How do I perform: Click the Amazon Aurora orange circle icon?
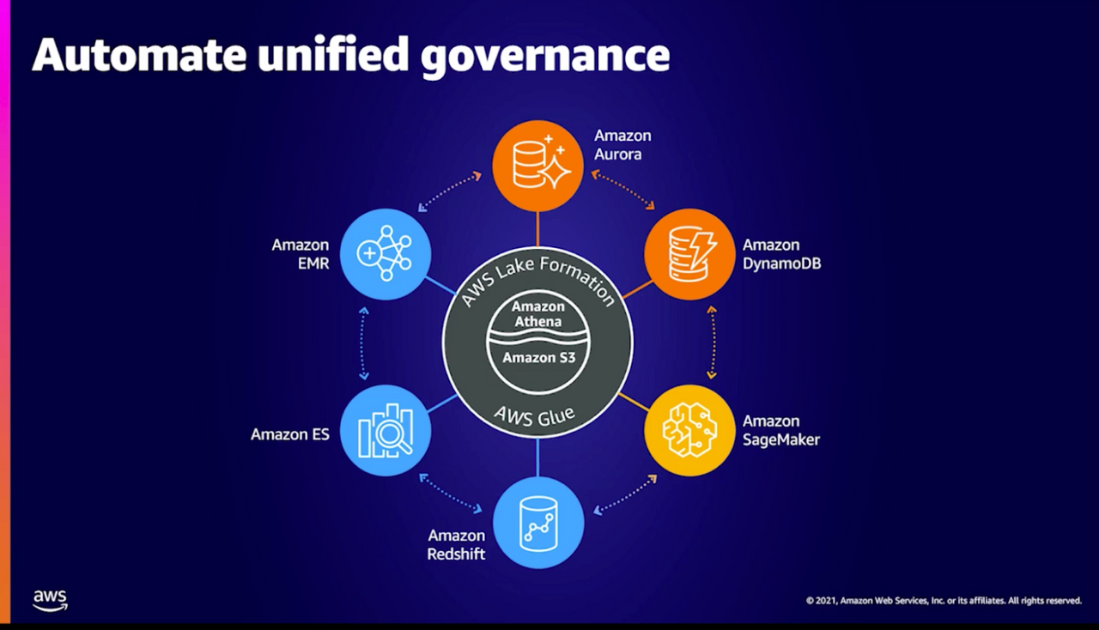[x=537, y=166]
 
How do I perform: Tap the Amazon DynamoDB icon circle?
[x=689, y=254]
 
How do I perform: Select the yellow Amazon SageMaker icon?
[x=689, y=431]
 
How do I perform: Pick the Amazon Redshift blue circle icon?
[x=538, y=522]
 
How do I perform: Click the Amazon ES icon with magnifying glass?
[x=385, y=431]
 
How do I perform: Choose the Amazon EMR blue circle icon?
[x=385, y=254]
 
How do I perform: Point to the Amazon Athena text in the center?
[x=538, y=314]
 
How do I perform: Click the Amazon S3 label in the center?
[x=538, y=357]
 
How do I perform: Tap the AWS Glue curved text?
[x=535, y=418]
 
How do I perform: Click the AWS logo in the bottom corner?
[x=50, y=600]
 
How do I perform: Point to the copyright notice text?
[x=944, y=601]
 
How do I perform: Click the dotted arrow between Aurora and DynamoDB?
[x=622, y=189]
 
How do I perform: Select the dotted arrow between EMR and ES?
[x=364, y=343]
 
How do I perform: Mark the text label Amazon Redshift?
[x=456, y=544]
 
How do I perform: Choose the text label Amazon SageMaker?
[x=780, y=430]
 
